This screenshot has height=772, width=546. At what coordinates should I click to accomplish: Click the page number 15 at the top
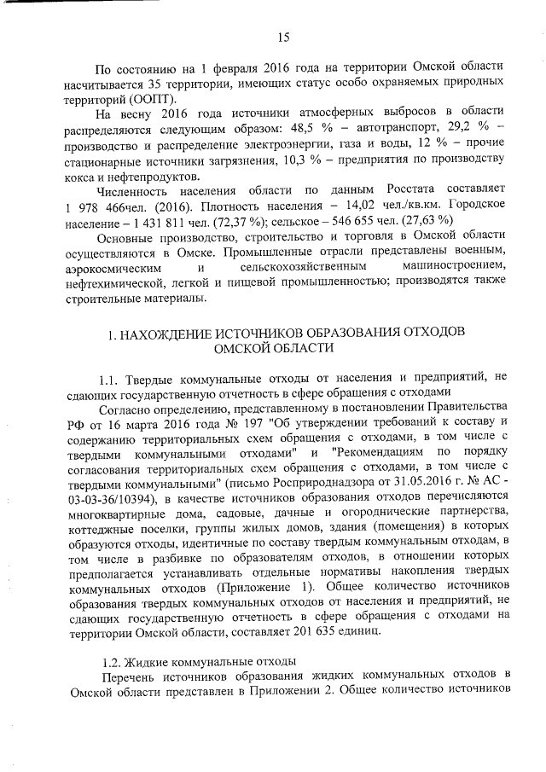(x=283, y=36)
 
